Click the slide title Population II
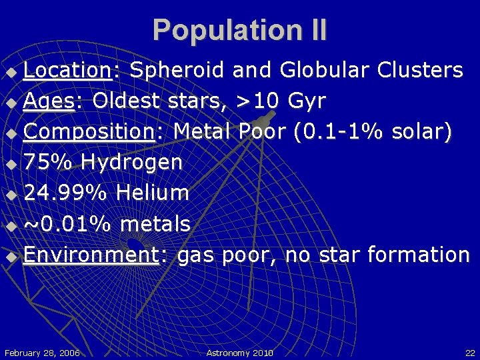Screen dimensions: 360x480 pos(240,30)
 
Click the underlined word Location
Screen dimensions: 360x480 pos(67,70)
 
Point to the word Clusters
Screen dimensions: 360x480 pos(420,70)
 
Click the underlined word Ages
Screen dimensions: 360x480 pos(51,101)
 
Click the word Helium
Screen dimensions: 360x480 pos(153,193)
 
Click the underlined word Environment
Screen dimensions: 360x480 pos(91,255)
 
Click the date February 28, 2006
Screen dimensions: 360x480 pos(42,352)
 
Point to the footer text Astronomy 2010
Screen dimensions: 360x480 pos(240,352)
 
